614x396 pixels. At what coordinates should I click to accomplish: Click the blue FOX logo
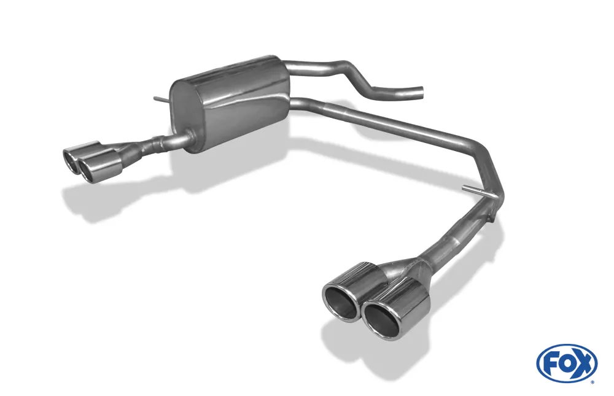567,362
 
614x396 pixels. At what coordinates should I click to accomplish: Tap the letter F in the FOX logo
550,363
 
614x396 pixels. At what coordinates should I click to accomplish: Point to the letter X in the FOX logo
585,363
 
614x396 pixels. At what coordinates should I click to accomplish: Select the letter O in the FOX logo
566,363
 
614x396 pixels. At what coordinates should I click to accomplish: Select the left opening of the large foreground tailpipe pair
340,301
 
